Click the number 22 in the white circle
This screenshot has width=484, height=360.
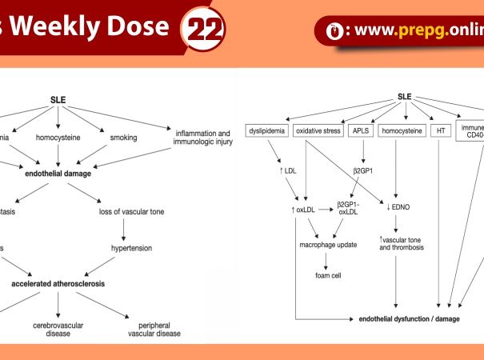(x=205, y=30)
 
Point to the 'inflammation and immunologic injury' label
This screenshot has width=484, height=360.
(x=202, y=137)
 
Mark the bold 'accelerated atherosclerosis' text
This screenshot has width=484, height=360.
(x=59, y=283)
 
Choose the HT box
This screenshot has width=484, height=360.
(x=440, y=130)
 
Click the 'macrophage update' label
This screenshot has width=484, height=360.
(x=328, y=244)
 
